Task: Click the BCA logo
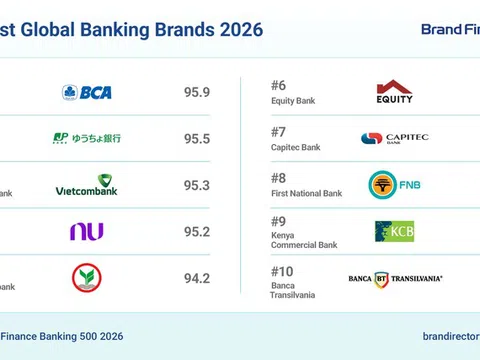[x=87, y=92]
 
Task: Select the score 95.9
[x=197, y=92]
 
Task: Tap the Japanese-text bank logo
[x=87, y=139]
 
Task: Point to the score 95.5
[x=197, y=139]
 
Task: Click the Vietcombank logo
[x=87, y=185]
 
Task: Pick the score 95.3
[x=197, y=185]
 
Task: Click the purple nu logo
[x=87, y=231]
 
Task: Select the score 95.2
[x=197, y=231]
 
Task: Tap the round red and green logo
[x=87, y=277]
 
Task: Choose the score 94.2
[x=197, y=278]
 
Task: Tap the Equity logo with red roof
[x=394, y=92]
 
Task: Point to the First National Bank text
[x=306, y=193]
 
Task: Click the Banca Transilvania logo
[x=394, y=278]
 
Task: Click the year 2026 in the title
[x=240, y=29]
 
